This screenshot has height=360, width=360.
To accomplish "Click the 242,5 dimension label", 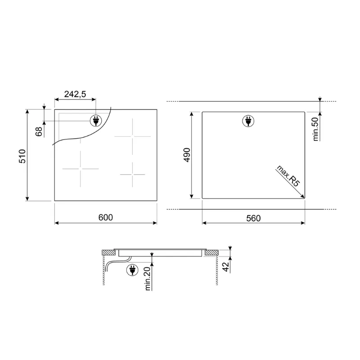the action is (x=75, y=94).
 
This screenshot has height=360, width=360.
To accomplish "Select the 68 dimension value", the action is (x=39, y=131).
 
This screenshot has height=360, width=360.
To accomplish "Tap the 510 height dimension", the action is (x=22, y=156).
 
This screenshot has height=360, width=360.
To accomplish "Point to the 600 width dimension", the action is (x=106, y=217).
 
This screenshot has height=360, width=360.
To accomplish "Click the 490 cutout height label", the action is (x=187, y=155).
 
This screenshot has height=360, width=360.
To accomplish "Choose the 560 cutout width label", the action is (x=253, y=218).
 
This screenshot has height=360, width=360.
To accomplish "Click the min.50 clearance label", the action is (x=316, y=129).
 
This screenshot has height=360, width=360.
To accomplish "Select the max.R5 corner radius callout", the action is (x=288, y=175).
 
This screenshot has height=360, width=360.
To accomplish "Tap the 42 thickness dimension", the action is (x=226, y=267).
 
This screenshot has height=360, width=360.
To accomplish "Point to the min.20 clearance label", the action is (x=148, y=279).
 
